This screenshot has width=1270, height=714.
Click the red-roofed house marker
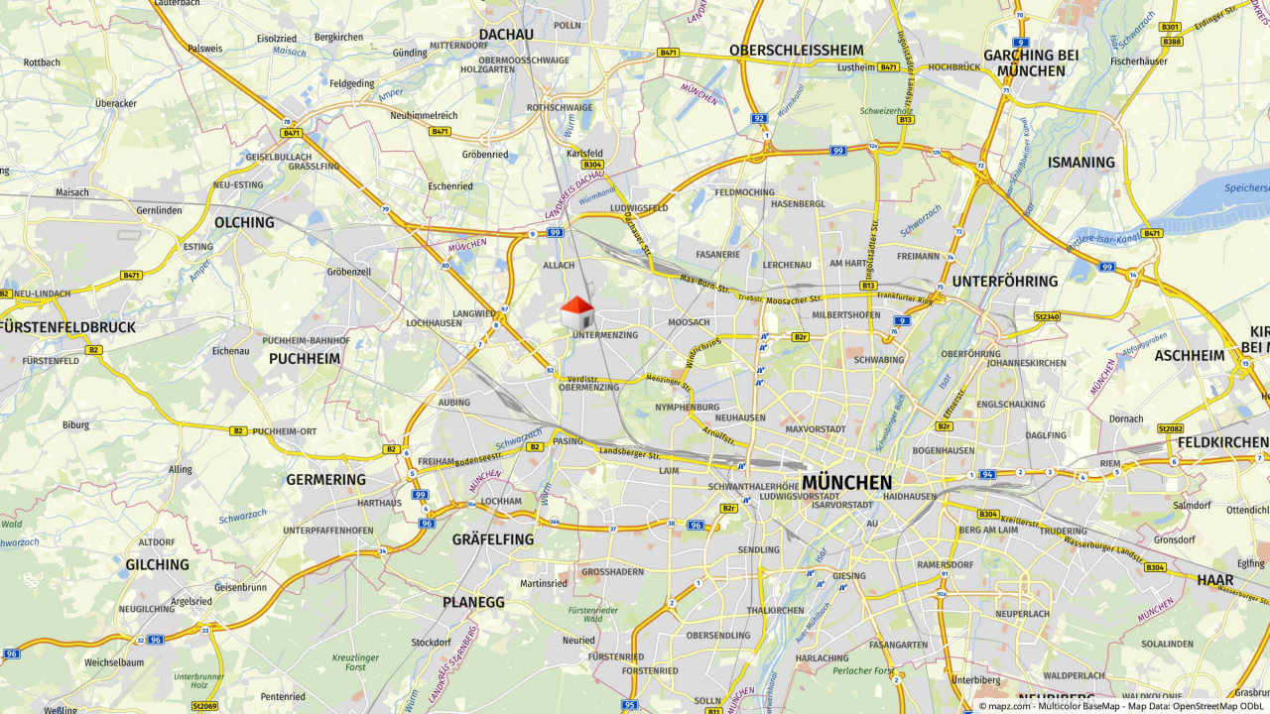click(576, 313)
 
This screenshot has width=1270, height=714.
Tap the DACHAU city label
click(506, 35)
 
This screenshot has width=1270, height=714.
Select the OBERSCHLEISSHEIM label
click(796, 50)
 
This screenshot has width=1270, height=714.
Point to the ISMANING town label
click(1081, 162)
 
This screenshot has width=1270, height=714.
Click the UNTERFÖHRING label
click(1005, 282)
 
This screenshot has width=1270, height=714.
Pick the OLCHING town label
click(244, 222)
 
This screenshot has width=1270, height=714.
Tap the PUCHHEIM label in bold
click(305, 358)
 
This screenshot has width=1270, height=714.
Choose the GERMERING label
click(326, 479)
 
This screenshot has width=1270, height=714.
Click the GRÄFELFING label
click(493, 539)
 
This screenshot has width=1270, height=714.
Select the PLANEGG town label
click(473, 602)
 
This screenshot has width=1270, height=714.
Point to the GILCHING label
click(157, 564)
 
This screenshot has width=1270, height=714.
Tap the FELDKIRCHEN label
click(1223, 439)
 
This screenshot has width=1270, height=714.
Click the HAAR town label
click(1214, 580)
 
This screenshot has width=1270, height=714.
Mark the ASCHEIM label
click(1190, 355)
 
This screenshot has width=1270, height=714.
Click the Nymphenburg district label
click(687, 408)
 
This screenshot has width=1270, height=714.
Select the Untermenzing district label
click(605, 335)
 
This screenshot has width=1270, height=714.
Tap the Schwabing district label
click(879, 360)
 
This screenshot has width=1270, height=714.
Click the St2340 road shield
click(1047, 317)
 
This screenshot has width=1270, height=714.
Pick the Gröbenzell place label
click(348, 271)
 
